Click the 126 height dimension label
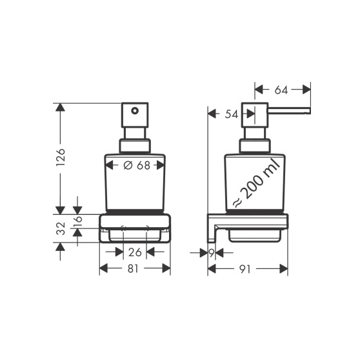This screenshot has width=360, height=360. [x=61, y=157]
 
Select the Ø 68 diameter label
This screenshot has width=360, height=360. [x=137, y=165]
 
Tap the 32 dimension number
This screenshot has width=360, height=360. [x=61, y=228]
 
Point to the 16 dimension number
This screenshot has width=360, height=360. [x=78, y=221]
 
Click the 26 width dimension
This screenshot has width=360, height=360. [x=135, y=252]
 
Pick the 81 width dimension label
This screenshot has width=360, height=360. [x=134, y=268]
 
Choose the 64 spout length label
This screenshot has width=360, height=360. [x=281, y=90]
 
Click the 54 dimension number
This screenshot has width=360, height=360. [x=232, y=114]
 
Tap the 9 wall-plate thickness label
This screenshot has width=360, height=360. [x=212, y=253]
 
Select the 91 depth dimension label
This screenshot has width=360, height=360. [x=245, y=269]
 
